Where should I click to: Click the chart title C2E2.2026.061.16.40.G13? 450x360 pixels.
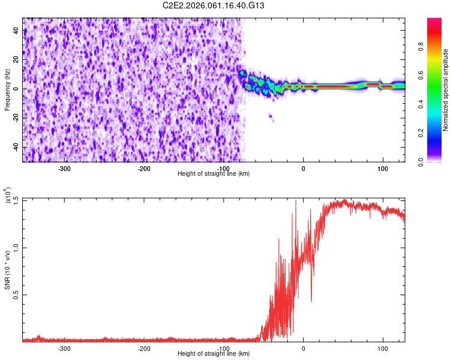[214, 5]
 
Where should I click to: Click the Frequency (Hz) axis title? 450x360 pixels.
[7, 90]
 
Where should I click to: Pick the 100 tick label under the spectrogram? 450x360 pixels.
[382, 168]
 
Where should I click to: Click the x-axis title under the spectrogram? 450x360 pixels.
[214, 173]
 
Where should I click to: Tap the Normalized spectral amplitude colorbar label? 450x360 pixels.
[446, 90]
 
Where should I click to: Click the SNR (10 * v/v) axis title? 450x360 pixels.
[7, 270]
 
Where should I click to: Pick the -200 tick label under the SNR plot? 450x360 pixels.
[143, 348]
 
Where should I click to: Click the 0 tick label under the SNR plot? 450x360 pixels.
[303, 348]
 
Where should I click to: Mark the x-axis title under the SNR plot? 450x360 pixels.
[214, 354]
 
